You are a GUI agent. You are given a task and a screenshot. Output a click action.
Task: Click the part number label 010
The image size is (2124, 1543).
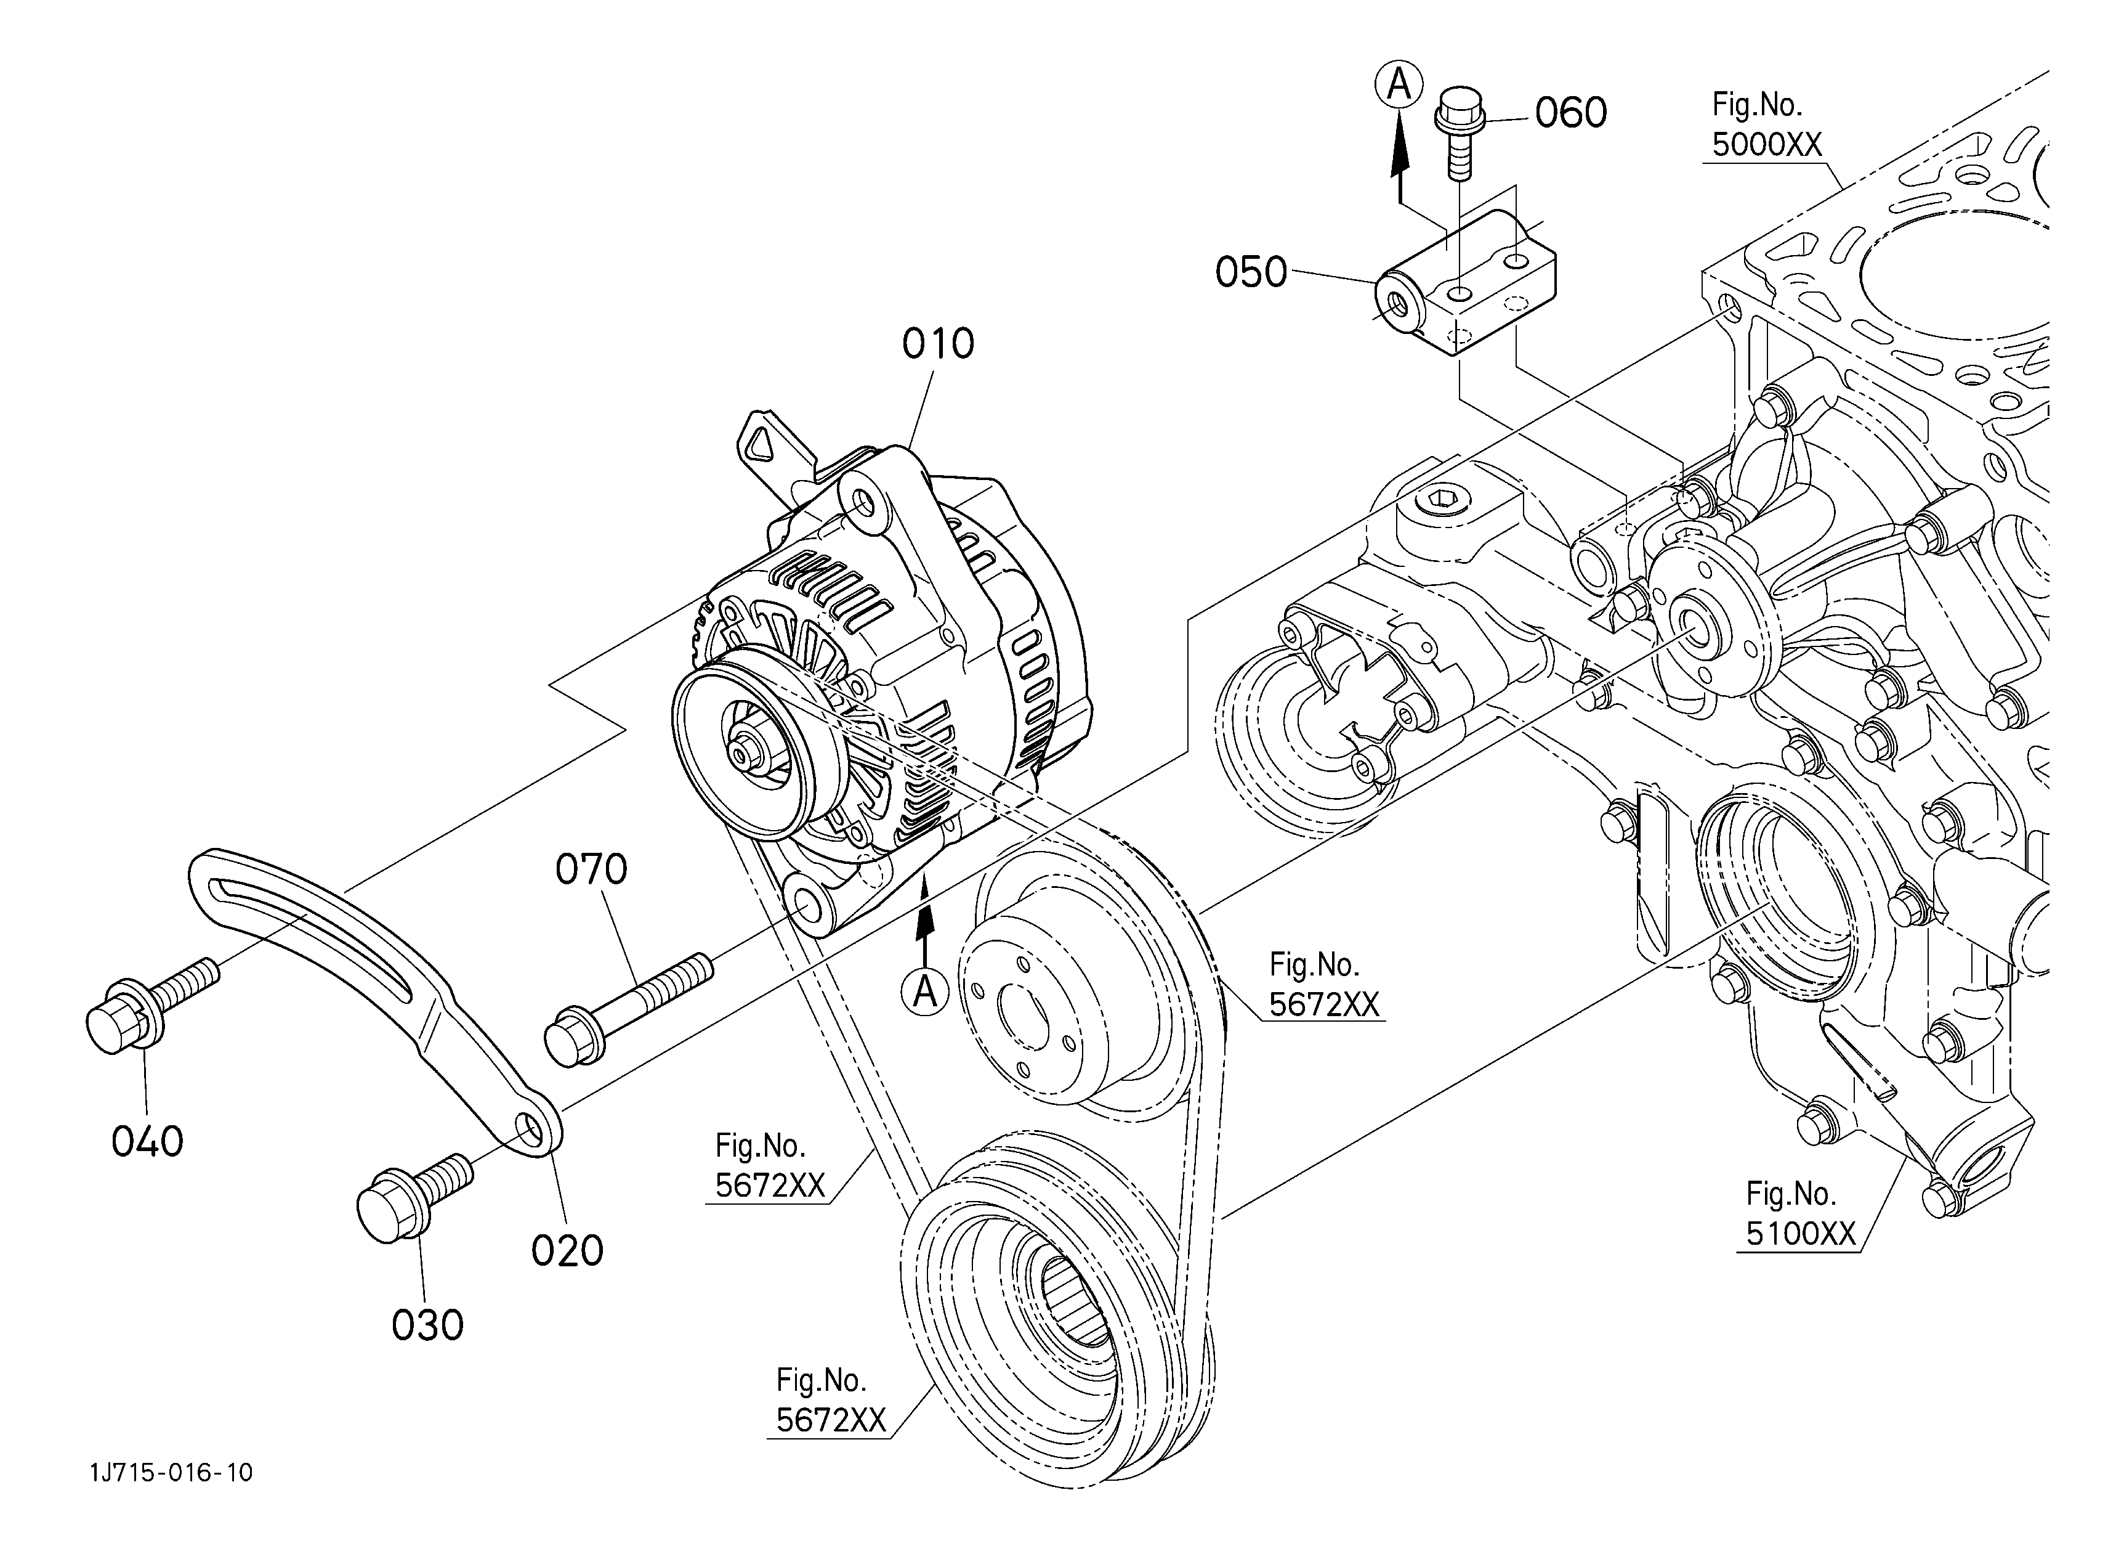[939, 344]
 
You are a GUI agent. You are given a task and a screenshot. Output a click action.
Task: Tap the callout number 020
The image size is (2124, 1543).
[568, 1251]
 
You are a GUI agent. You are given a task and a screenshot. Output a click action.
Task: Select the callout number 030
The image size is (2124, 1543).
[428, 1325]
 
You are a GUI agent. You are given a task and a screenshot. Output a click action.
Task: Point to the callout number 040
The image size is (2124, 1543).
[148, 1142]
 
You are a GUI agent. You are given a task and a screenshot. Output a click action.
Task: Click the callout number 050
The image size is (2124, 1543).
[1252, 272]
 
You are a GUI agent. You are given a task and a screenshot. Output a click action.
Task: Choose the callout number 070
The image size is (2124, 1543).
[592, 869]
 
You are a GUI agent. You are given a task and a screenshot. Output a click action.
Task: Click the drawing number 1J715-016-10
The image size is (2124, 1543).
[171, 1473]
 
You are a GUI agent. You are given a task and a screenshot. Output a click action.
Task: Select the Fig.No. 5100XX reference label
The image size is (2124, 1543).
[1801, 1214]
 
